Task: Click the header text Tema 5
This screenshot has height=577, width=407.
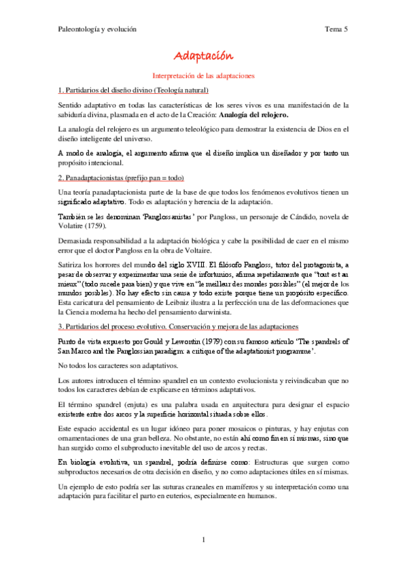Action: pos(337,29)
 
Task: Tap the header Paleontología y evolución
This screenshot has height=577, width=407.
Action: pos(97,29)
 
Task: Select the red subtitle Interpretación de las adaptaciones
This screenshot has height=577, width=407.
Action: pos(203,76)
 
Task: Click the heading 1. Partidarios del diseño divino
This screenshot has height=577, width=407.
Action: pos(133,90)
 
